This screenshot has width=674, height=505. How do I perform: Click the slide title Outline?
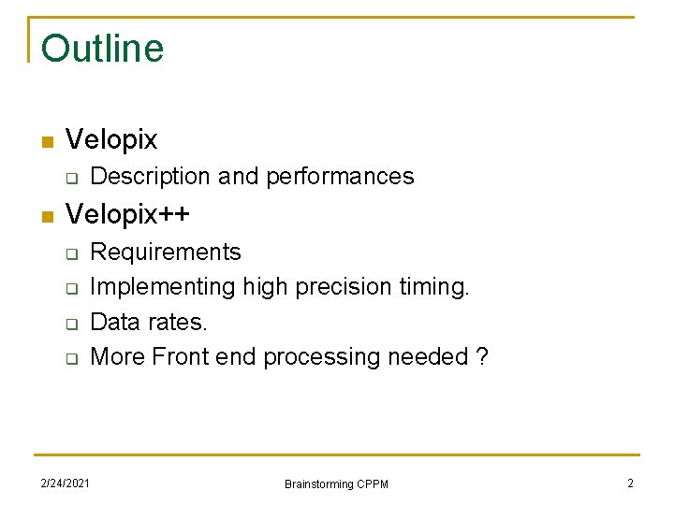tap(102, 49)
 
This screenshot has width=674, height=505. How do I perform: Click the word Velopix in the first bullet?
tap(111, 140)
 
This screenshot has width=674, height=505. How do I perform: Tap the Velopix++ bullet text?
tap(127, 214)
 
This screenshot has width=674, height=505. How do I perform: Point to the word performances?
tap(340, 177)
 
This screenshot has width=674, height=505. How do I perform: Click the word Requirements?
tap(165, 252)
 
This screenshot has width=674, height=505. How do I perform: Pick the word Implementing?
tap(163, 287)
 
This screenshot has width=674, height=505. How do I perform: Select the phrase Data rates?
tap(148, 323)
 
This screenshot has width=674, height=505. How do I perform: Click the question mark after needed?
tap(482, 357)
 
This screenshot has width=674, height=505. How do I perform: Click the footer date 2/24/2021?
tap(66, 483)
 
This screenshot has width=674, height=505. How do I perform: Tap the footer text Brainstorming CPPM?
tap(336, 483)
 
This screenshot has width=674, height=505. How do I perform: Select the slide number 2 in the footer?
tap(630, 483)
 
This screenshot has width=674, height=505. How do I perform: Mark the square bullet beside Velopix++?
tap(46, 217)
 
